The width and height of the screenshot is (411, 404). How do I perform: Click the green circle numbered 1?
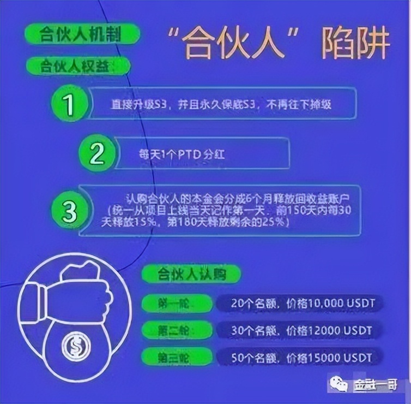tap(69, 104)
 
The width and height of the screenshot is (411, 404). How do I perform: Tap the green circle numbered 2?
tap(97, 154)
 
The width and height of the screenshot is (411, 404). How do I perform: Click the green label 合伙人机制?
tap(81, 34)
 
